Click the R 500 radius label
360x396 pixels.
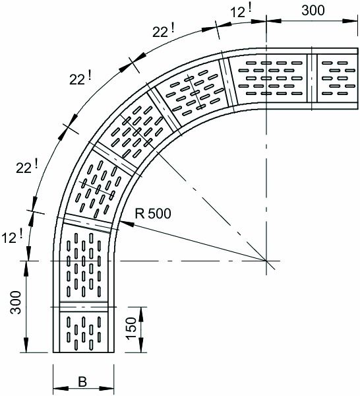tap(153, 213)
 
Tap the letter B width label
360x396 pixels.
tap(82, 382)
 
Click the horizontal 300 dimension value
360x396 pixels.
tap(313, 11)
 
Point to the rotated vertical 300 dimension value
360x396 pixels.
tap(16, 302)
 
